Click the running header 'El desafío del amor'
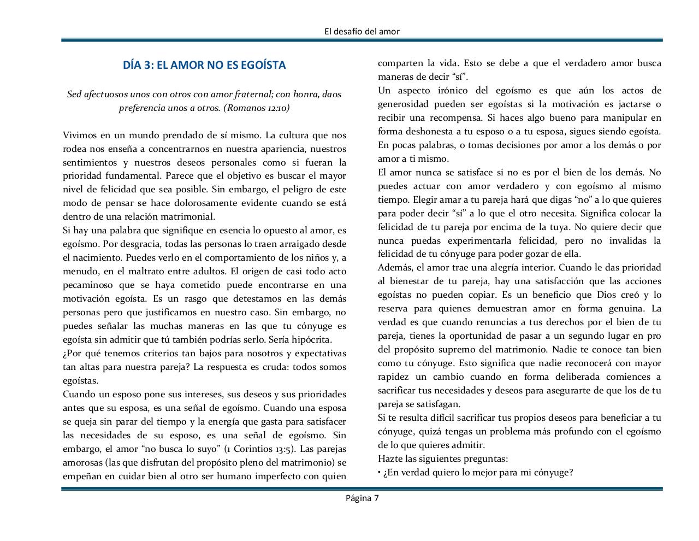[x=362, y=32]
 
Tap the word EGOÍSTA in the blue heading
[x=263, y=66]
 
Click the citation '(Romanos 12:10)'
[x=257, y=108]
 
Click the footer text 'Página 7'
[x=362, y=498]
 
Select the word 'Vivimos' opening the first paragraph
[x=79, y=135]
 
